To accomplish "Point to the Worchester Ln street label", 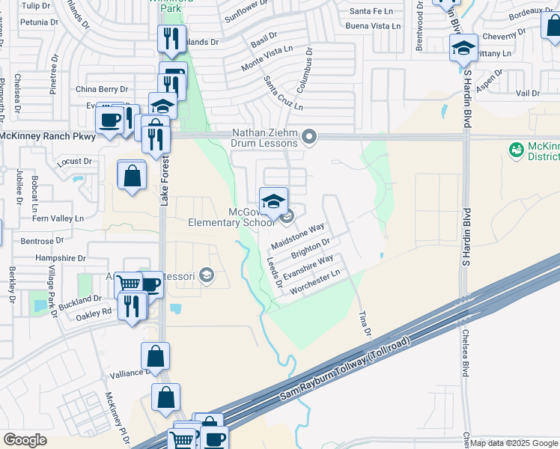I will click(320, 282).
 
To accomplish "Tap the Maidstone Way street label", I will click(297, 234).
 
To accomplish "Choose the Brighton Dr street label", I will click(310, 247).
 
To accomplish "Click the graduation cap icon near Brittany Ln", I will click(463, 49).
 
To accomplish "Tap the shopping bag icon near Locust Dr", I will click(132, 176).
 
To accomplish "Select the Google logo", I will click(25, 439).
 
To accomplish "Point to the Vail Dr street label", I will click(527, 93).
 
